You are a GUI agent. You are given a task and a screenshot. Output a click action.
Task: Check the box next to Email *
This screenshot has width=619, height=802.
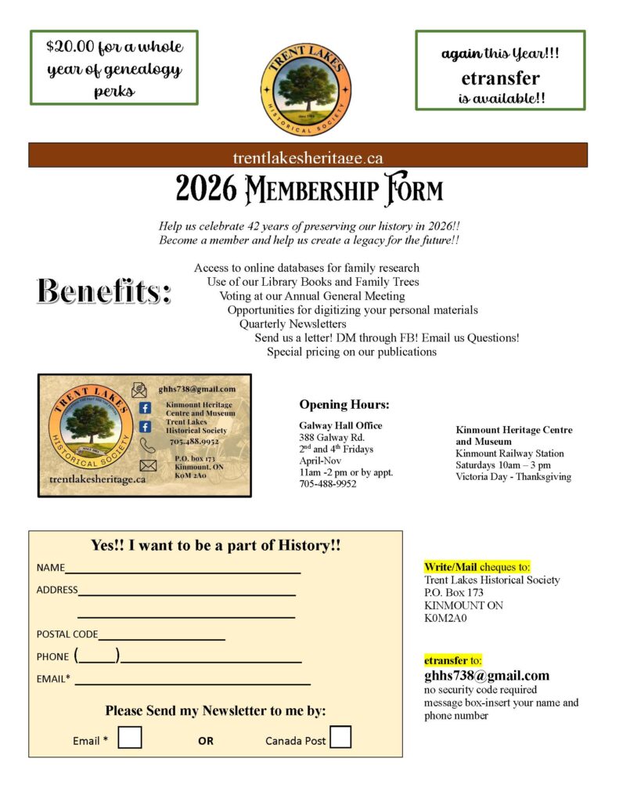[x=130, y=738]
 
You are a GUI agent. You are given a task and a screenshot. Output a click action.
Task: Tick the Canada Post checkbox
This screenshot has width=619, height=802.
[x=340, y=738]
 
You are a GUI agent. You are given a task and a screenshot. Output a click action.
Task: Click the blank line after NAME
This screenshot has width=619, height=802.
[x=182, y=569]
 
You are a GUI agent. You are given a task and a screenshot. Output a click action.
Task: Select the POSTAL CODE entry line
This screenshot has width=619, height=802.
[x=161, y=635]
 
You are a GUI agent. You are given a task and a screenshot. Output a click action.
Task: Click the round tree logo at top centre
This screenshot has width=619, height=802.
[x=306, y=89]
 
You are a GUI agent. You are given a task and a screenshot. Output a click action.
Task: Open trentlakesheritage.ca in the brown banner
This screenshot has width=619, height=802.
[x=308, y=157]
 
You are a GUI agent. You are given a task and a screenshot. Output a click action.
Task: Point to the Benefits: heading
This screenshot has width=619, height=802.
[x=103, y=291]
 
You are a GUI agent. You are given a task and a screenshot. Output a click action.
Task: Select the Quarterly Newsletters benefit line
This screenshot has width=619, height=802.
[x=293, y=323]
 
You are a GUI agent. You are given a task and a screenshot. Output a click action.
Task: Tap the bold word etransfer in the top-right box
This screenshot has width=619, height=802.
[x=500, y=78]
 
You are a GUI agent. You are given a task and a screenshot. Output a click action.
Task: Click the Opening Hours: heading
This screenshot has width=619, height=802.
[x=344, y=405]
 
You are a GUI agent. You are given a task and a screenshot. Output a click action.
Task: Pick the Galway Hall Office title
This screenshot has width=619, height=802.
[x=340, y=425]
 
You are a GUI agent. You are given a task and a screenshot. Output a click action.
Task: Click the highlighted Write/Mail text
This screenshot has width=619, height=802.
[x=450, y=567]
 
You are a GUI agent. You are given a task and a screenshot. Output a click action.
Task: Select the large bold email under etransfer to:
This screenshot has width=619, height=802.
[x=486, y=675]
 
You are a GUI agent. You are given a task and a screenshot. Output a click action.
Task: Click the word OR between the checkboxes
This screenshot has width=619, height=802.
[x=205, y=741]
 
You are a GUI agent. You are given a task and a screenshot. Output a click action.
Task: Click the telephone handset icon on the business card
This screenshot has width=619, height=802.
[x=147, y=446]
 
